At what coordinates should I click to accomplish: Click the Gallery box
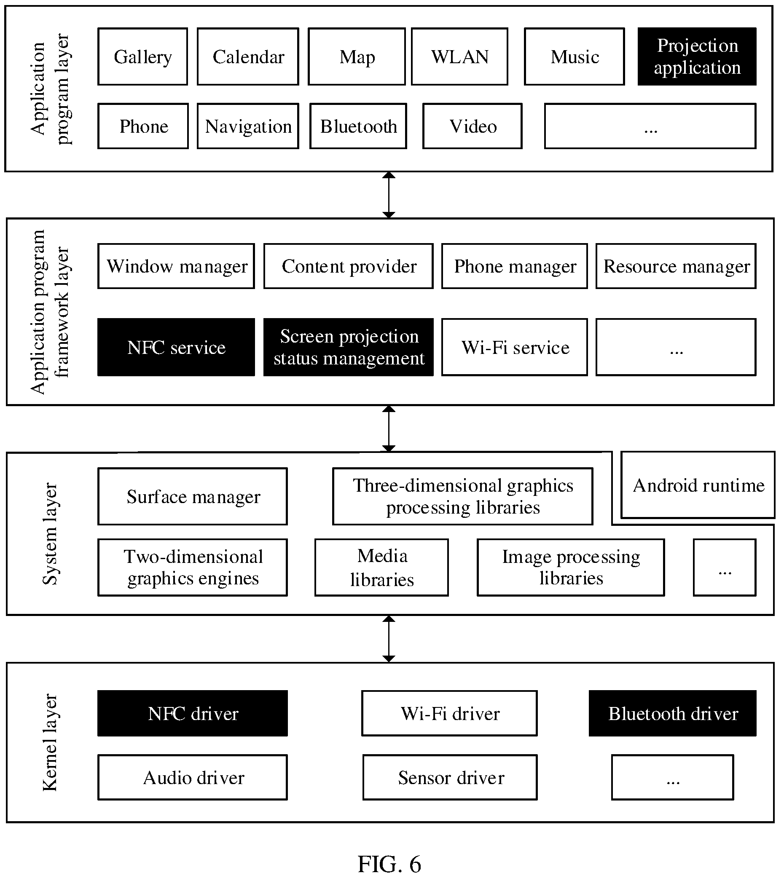[x=143, y=56]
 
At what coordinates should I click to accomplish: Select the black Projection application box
[x=697, y=56]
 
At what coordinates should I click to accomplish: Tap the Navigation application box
[x=248, y=126]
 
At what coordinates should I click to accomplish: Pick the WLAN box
[x=460, y=56]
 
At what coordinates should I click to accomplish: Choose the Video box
[x=473, y=126]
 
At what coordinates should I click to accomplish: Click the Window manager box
[x=176, y=266]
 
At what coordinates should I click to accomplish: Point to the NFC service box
[x=176, y=348]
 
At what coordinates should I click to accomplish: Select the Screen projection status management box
[x=349, y=348]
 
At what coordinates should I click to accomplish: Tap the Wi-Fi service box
[x=515, y=348]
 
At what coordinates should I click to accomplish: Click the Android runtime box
[x=698, y=485]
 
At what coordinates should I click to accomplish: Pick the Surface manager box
[x=193, y=496]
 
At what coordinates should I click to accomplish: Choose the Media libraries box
[x=381, y=568]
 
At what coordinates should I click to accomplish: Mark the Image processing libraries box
[x=571, y=568]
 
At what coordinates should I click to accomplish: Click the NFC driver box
[x=193, y=713]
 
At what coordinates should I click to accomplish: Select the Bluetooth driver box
[x=673, y=713]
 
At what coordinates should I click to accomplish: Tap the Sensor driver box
[x=450, y=777]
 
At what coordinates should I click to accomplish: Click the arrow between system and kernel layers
[x=389, y=639]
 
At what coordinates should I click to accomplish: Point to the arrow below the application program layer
[x=389, y=195]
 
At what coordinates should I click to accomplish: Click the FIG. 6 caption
[x=389, y=864]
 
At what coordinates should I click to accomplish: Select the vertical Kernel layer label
[x=50, y=742]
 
